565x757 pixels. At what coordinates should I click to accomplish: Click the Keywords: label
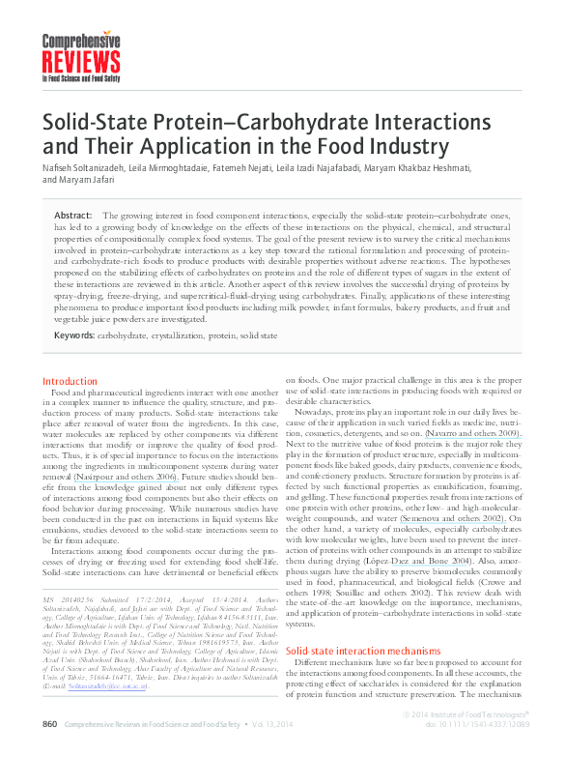(x=74, y=335)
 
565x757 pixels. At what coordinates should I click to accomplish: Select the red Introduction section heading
(x=70, y=382)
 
